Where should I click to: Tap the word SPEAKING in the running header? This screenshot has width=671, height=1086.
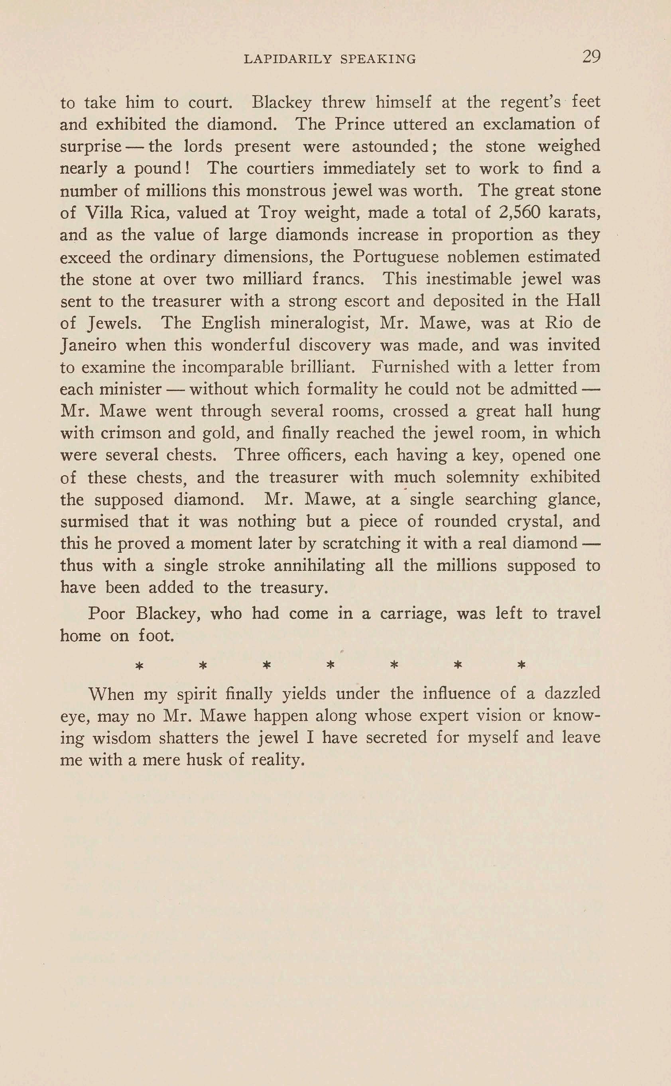tap(378, 59)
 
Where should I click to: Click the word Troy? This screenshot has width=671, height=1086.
tap(277, 213)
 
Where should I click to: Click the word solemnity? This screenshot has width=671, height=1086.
tap(482, 477)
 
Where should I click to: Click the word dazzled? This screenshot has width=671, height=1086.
tap(572, 693)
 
